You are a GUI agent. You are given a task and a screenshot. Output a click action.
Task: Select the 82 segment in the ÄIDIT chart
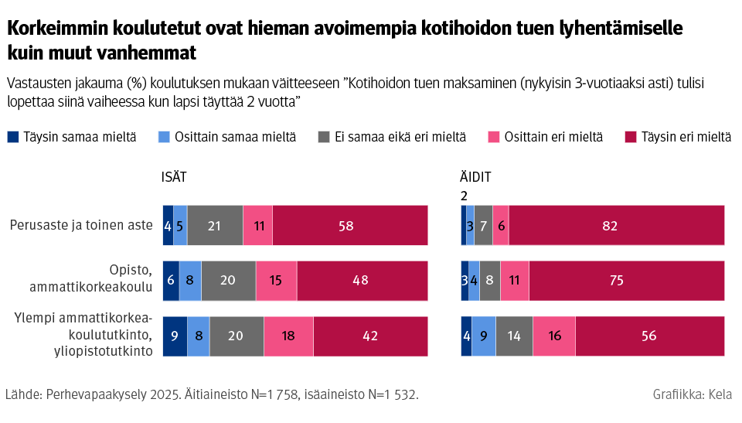616,225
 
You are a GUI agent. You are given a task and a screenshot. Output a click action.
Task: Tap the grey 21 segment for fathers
215,225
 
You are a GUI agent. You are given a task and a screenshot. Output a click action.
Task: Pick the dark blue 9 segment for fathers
175,336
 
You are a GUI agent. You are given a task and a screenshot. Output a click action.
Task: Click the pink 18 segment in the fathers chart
288,336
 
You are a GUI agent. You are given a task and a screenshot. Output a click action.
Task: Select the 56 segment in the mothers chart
649,336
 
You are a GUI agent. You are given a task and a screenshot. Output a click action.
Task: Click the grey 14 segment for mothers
514,336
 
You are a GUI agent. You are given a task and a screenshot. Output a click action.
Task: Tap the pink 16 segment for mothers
553,336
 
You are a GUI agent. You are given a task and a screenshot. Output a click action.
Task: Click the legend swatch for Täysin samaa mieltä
12,137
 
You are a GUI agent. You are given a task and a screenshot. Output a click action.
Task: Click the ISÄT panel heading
174,177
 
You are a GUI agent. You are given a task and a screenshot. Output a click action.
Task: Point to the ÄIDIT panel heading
476,177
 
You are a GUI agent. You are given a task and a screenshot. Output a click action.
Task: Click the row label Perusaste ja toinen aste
81,225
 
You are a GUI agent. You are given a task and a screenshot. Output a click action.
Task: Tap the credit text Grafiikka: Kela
692,395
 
